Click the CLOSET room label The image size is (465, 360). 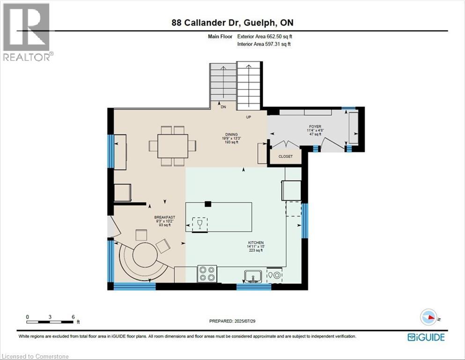tap(285, 157)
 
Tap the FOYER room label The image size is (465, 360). tap(315, 127)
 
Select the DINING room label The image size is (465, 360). tap(231, 135)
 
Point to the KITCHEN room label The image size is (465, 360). tap(256, 243)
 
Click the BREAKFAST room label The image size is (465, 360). tap(164, 217)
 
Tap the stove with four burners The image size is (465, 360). tap(207, 274)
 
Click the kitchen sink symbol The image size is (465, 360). tap(253, 277)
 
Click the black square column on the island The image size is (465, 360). tap(208, 204)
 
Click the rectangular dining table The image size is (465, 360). tap(173, 146)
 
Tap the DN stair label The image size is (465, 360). tap(223, 107)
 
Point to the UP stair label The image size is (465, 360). tap(249, 117)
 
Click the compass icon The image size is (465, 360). tap(428, 317)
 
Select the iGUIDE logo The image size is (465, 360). tap(426, 337)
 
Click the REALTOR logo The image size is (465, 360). tap(27, 32)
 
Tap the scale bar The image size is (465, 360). tap(50, 322)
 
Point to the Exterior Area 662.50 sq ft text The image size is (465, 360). tap(265, 37)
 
